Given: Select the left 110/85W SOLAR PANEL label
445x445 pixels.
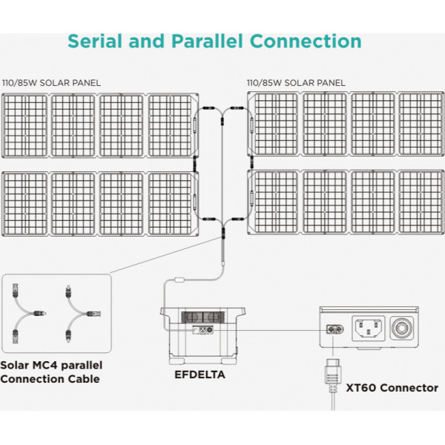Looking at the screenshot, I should pyautogui.click(x=52, y=82).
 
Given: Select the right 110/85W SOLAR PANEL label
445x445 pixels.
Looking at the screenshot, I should pyautogui.click(x=297, y=82).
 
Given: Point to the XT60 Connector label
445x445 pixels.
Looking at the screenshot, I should pyautogui.click(x=392, y=387).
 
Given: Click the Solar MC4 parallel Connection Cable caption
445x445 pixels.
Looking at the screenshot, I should pyautogui.click(x=52, y=372).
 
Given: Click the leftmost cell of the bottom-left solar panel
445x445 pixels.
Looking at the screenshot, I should pyautogui.click(x=26, y=202).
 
